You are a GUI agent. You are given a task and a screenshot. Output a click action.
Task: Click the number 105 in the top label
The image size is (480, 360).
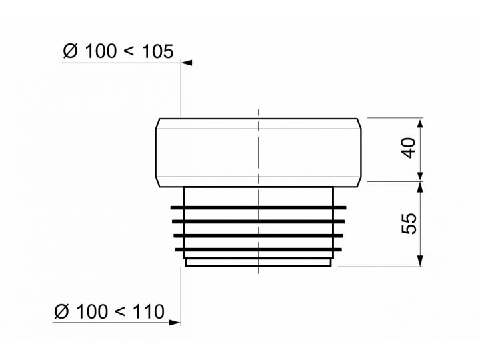point(157,51)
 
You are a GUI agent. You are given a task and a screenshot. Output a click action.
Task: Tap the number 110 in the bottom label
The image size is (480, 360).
point(149,311)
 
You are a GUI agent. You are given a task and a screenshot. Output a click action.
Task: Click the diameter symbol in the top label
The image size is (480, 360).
point(71,51)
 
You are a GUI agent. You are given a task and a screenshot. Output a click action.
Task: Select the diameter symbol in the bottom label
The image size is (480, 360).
point(62,311)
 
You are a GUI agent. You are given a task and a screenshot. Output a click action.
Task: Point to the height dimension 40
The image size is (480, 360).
point(409,148)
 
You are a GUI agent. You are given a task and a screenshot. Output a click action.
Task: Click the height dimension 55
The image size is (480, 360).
point(409,223)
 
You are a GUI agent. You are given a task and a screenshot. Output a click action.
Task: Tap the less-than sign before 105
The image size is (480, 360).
point(129,51)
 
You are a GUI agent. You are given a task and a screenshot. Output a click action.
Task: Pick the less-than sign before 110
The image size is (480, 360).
point(120,312)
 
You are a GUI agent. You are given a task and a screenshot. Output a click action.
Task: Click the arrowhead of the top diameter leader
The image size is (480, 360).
point(187,63)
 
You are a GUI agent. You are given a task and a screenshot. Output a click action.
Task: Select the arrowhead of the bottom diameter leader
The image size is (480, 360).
point(175,323)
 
